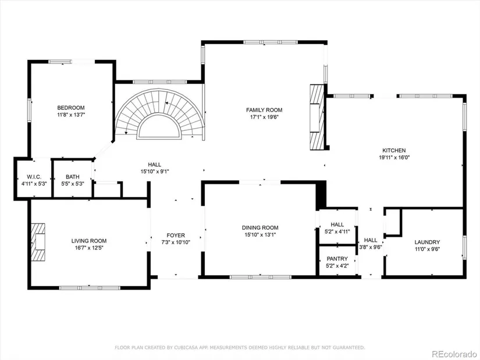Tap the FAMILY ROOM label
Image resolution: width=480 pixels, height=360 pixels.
[x=264, y=110]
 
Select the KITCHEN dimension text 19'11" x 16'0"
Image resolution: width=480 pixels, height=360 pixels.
[x=394, y=158]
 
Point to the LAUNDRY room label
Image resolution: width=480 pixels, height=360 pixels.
[x=427, y=242]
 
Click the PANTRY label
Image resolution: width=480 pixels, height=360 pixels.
[x=337, y=259]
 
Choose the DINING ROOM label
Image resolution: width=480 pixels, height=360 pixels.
[x=260, y=227]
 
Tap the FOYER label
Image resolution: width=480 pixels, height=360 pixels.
[x=176, y=235]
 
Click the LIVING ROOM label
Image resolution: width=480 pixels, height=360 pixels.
[x=89, y=241]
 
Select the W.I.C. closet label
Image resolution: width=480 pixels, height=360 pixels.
[x=34, y=177]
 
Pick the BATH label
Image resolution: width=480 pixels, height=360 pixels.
[x=73, y=177]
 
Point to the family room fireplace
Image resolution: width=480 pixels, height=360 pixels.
[x=317, y=117]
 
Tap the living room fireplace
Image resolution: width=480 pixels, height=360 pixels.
[x=38, y=242]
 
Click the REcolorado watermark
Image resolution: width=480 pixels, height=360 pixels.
[x=454, y=354]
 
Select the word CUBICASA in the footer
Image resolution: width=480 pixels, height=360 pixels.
[x=186, y=347]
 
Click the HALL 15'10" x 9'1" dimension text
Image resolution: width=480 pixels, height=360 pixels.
[x=155, y=172]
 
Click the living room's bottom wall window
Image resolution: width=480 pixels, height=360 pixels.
[x=90, y=288]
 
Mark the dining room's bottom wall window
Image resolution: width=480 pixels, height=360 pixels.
[x=261, y=277]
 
